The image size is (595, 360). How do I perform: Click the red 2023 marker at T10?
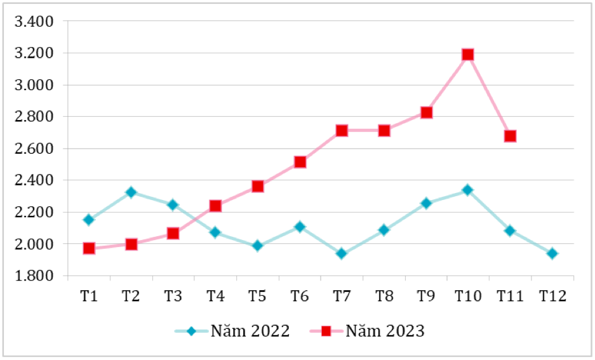click(468, 55)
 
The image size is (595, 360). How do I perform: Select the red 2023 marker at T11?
click(510, 136)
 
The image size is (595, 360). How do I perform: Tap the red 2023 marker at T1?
click(89, 248)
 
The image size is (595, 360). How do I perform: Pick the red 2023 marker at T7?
click(342, 131)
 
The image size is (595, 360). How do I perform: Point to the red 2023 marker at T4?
click(215, 206)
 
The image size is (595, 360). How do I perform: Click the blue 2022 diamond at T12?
click(552, 253)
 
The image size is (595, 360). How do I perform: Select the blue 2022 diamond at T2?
click(131, 192)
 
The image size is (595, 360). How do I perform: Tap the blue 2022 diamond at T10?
click(468, 190)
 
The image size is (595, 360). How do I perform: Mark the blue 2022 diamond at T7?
click(342, 253)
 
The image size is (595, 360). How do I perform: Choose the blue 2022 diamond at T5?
click(257, 246)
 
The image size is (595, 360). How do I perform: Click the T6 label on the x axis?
click(299, 296)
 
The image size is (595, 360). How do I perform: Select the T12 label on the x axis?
click(552, 296)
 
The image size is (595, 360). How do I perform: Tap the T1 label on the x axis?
click(89, 296)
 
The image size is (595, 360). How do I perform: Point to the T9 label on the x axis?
click(425, 296)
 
